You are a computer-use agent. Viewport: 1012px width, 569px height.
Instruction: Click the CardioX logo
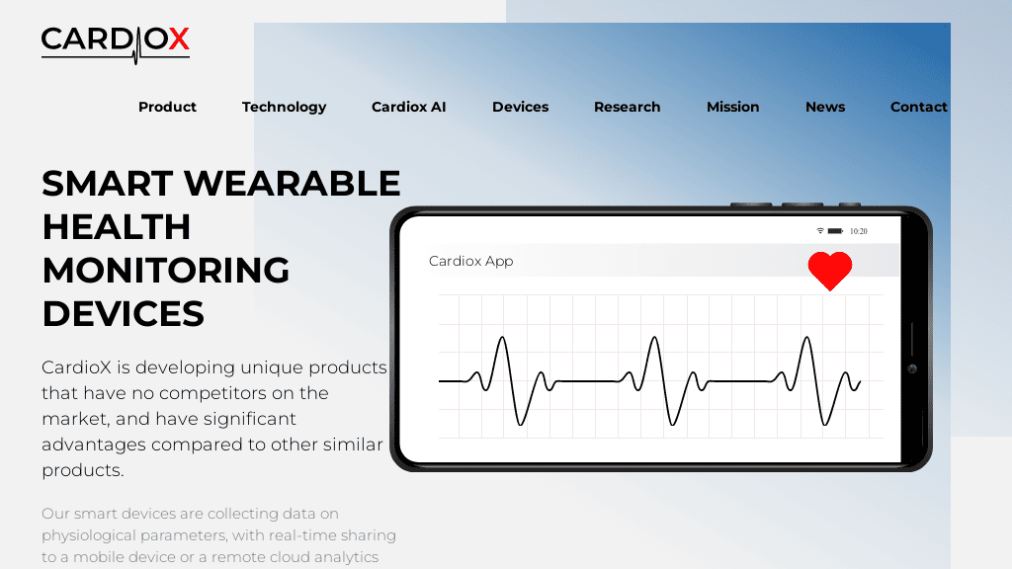(115, 41)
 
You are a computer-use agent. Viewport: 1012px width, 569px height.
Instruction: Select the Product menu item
(167, 107)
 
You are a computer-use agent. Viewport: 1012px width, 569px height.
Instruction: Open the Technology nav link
(284, 107)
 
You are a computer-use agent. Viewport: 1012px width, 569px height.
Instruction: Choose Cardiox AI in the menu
(408, 107)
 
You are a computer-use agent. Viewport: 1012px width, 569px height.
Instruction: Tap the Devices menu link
(520, 107)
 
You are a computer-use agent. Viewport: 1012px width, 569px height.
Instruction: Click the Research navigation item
(627, 107)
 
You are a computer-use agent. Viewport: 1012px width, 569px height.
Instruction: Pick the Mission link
(732, 107)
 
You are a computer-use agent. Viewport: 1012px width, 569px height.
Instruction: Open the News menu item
(824, 107)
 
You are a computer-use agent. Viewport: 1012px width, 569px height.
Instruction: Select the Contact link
(918, 107)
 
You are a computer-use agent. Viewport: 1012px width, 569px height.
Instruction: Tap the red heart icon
(829, 269)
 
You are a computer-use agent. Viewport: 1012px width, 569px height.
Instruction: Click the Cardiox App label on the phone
(470, 262)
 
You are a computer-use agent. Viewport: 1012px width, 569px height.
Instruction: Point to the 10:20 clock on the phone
(859, 231)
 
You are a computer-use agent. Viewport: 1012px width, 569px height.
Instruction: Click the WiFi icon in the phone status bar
(819, 231)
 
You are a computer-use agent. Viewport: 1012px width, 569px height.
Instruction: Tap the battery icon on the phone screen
(835, 231)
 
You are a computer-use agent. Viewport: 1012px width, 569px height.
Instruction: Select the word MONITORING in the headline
(166, 270)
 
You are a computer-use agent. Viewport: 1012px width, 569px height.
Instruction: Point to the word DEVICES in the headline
(123, 313)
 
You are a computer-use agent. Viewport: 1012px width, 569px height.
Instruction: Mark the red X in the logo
(178, 40)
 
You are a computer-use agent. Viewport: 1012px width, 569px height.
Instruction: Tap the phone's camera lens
(912, 368)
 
